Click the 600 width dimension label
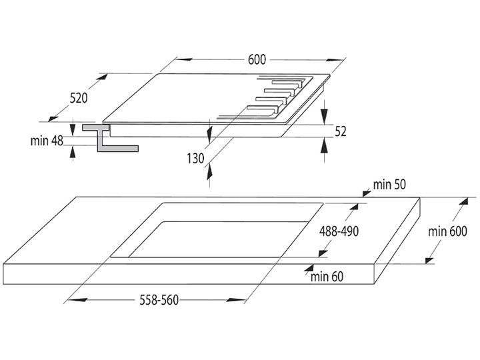pos(257,60)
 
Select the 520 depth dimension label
pos(79,98)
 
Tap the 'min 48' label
pos(47,141)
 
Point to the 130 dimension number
pos(195,159)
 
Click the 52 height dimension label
pos(341,131)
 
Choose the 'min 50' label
pos(389,184)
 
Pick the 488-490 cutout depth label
pos(339,231)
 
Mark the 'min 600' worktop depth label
pos(447,231)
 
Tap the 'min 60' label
pos(327,277)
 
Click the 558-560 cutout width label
pos(159,300)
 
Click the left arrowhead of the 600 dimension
pos(185,59)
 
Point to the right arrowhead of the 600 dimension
pos(334,60)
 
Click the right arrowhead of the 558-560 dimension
pos(236,300)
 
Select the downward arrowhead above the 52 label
pos(325,116)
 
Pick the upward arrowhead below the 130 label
pos(209,172)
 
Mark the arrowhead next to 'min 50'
pos(366,193)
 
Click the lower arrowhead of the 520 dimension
pos(53,118)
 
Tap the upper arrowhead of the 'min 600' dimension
pos(463,201)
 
